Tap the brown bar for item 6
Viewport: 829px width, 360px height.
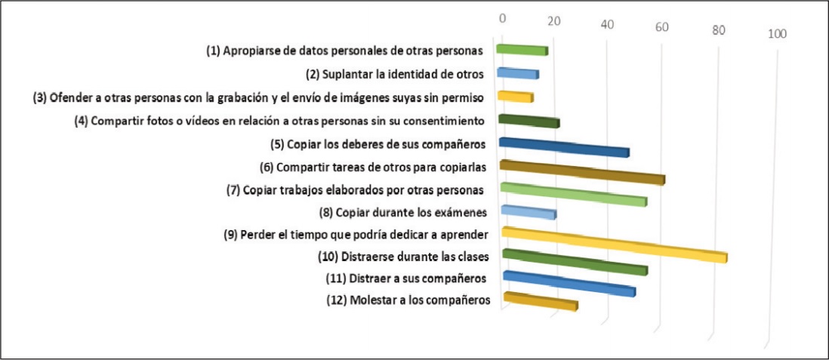582,172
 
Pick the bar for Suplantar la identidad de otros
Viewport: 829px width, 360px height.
517,73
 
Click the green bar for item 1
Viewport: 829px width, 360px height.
522,50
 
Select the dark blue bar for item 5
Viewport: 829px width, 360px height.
564,147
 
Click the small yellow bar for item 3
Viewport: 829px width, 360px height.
515,97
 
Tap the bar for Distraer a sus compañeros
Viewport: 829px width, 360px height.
569,283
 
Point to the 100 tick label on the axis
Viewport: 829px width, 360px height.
777,33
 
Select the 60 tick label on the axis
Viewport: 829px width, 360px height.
661,27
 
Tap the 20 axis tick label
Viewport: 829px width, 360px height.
553,21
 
